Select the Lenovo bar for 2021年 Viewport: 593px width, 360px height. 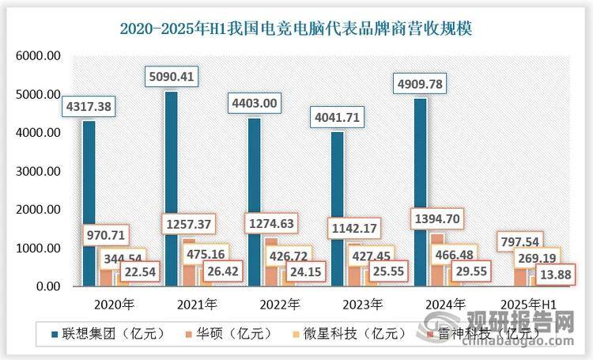coord(172,190)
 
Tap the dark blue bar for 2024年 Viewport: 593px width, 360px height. coord(420,190)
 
